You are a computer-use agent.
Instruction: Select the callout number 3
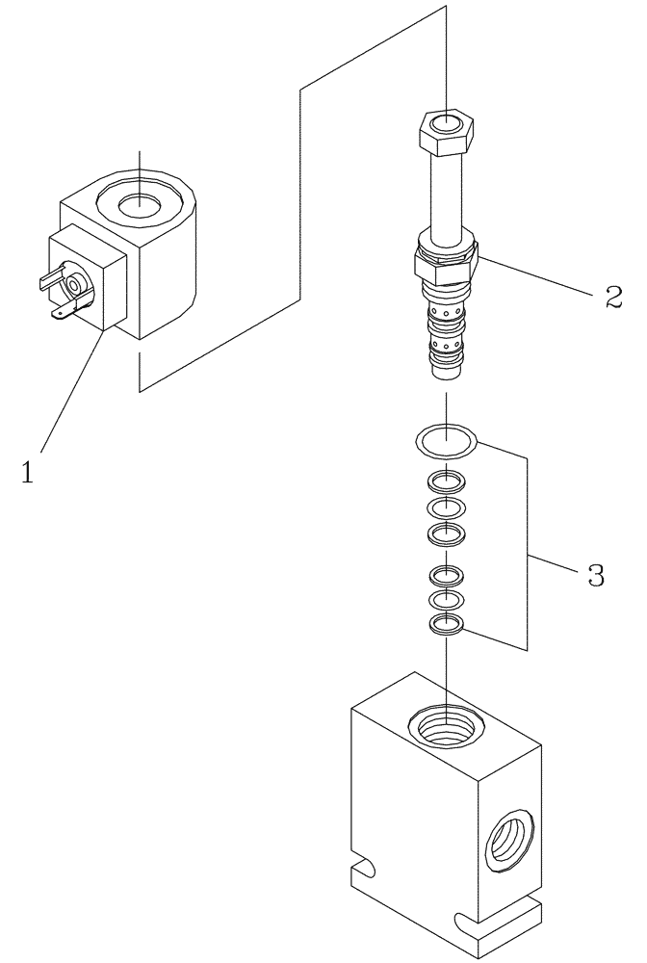coord(594,578)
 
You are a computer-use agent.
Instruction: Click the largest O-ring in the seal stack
coord(447,441)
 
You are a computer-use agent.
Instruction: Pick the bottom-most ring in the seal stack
coord(447,625)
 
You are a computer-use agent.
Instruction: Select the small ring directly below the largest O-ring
coord(447,481)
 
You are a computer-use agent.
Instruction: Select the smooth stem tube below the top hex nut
coord(446,197)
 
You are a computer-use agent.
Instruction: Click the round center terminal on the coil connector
coord(74,285)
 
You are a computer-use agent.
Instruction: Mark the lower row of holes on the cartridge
coord(446,341)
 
